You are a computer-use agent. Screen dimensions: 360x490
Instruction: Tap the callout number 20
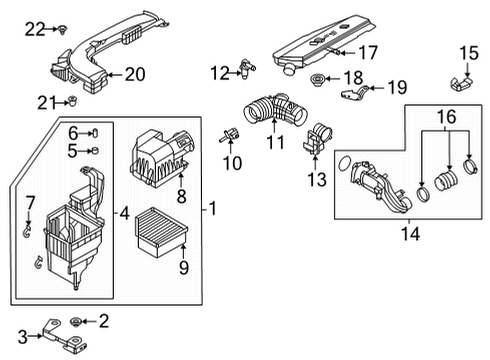point(133,72)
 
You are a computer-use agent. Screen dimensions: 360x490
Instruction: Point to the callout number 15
point(469,53)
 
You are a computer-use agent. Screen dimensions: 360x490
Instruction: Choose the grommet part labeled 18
point(320,78)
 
